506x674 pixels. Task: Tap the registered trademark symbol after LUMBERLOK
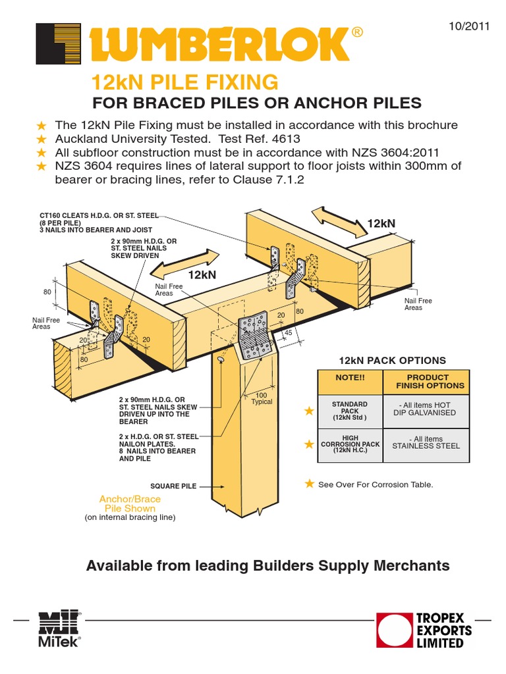[x=358, y=32]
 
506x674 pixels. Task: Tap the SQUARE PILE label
[x=174, y=486]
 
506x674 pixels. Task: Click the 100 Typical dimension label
[x=262, y=398]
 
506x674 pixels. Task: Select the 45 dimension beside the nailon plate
[x=288, y=332]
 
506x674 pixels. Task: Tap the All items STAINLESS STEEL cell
[x=426, y=442]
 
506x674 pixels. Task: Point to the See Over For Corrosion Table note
[x=376, y=484]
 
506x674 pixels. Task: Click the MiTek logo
[x=59, y=629]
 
